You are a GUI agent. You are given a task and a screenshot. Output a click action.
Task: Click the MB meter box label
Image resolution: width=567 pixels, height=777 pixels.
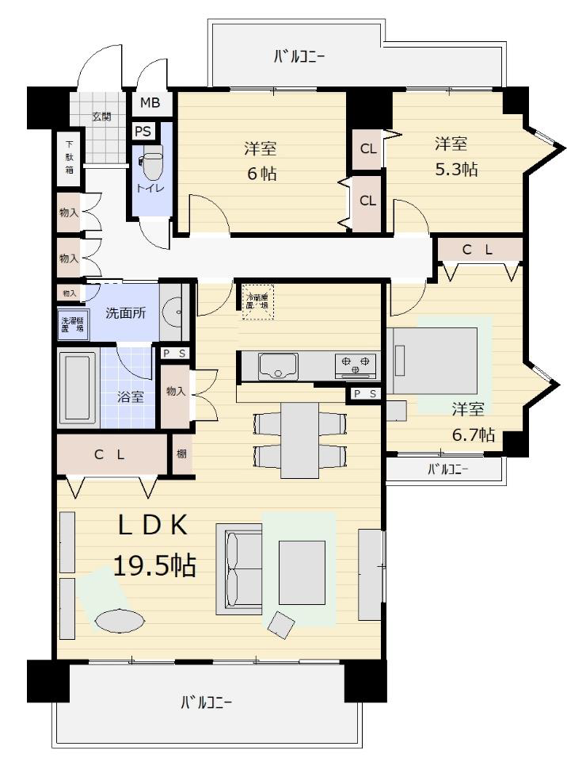tap(150, 102)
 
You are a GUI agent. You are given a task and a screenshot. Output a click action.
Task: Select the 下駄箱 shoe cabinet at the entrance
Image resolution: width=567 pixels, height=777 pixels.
tap(69, 157)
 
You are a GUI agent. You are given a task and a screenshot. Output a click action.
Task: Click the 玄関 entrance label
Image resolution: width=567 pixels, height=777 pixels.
tap(101, 117)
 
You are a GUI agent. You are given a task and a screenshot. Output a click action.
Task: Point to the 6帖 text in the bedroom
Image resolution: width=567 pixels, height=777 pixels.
tap(261, 174)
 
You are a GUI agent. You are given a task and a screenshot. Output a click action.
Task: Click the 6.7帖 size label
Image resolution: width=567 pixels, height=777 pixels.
tap(474, 434)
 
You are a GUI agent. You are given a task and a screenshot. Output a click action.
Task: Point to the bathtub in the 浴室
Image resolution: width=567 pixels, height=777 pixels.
tap(78, 388)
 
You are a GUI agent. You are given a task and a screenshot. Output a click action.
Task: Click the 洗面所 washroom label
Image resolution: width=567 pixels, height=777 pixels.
tap(127, 312)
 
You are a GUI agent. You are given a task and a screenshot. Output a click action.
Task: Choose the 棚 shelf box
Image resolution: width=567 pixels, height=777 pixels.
tap(182, 454)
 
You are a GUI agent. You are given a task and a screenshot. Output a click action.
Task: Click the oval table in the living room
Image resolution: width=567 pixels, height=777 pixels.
tap(119, 621)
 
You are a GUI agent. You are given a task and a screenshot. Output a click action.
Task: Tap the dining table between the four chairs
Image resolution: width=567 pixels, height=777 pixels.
tap(300, 439)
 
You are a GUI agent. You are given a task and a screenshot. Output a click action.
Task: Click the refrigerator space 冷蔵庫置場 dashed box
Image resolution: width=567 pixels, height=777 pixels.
tap(257, 302)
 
